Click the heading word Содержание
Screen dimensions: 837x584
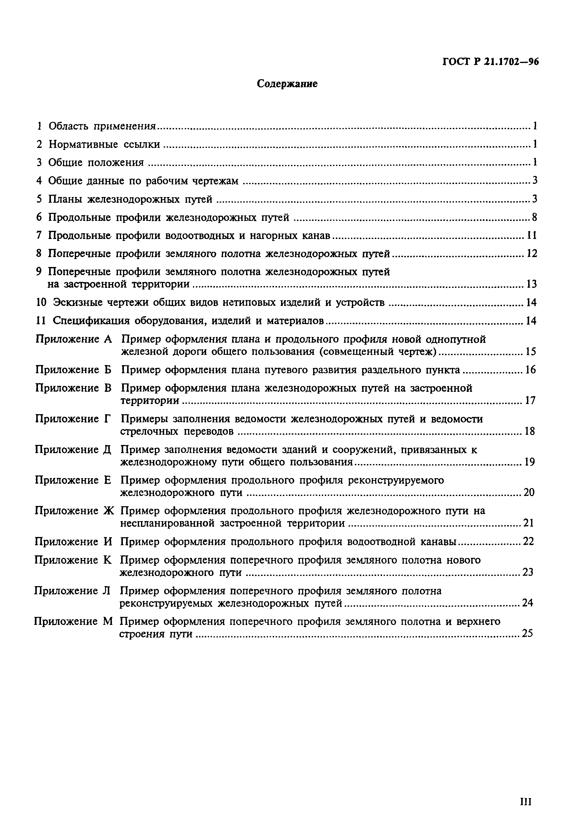(287, 84)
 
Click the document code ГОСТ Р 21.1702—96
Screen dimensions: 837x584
(491, 62)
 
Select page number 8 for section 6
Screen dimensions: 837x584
(534, 218)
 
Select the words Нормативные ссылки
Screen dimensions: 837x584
(104, 145)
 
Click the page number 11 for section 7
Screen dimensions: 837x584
(532, 235)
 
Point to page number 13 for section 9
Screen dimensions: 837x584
(531, 284)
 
